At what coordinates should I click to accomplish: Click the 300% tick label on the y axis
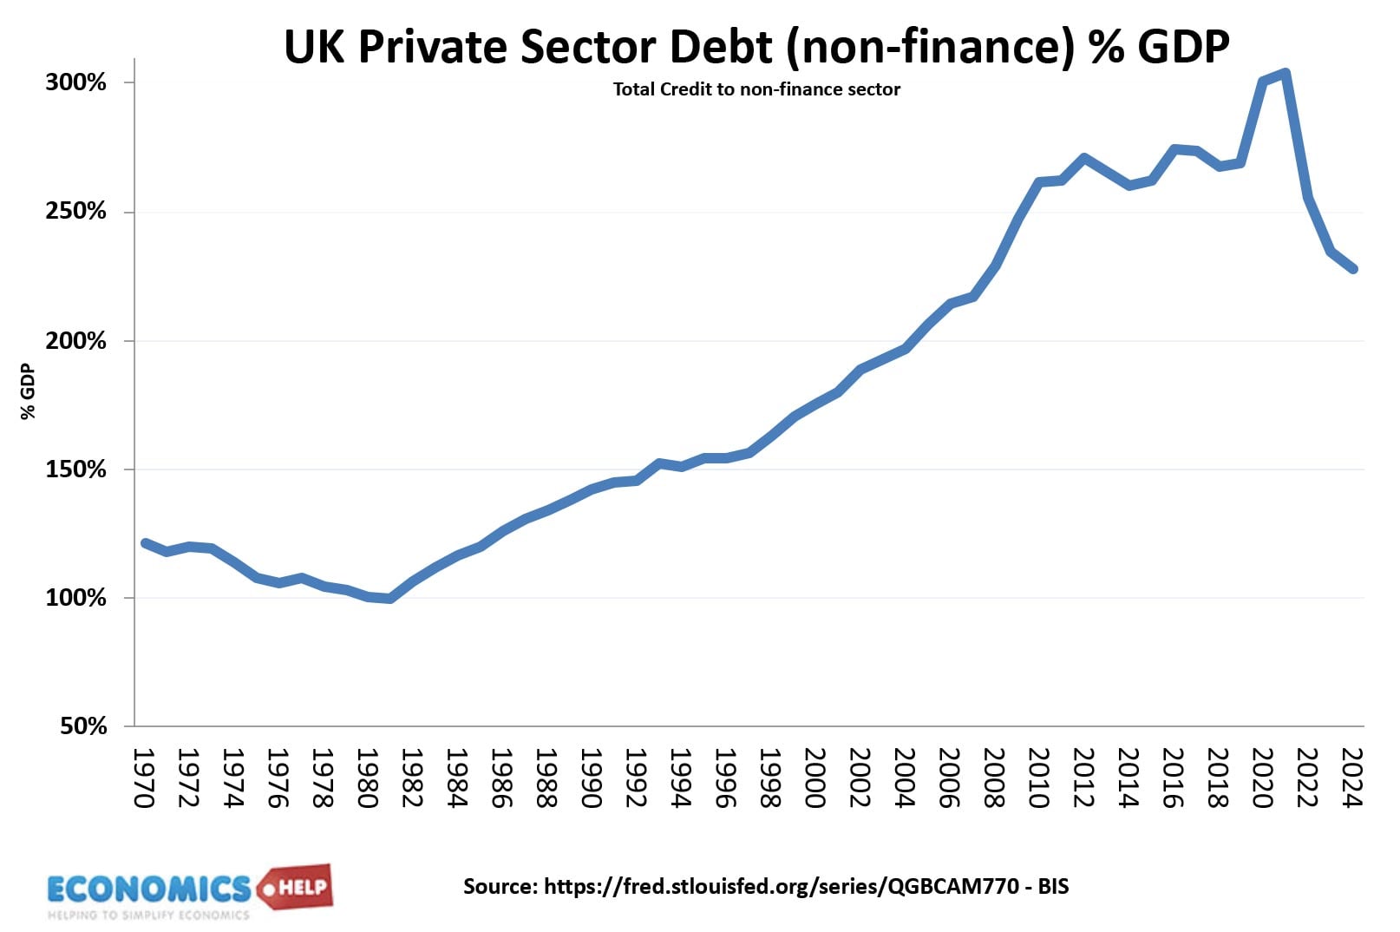coord(75,82)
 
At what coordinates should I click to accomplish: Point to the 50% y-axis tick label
coord(82,725)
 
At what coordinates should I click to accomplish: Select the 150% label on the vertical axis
coord(75,469)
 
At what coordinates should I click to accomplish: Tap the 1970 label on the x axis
coord(144,778)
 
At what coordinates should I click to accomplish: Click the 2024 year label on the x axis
coord(1351,778)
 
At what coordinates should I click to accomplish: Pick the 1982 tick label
coord(412,778)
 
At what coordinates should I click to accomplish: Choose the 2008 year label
coord(994,778)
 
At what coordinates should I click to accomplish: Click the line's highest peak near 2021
coord(1286,73)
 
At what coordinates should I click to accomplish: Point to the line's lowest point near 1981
coord(389,599)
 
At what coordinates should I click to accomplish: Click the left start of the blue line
coord(145,543)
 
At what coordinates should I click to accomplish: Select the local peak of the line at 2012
coord(1084,158)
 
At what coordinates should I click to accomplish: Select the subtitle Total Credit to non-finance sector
coord(756,89)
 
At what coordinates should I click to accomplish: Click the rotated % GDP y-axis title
coord(28,392)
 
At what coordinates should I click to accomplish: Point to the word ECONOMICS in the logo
coord(149,889)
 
